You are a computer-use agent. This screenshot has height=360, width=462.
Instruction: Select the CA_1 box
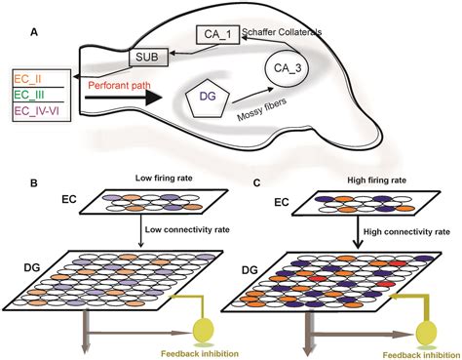point(221,35)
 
